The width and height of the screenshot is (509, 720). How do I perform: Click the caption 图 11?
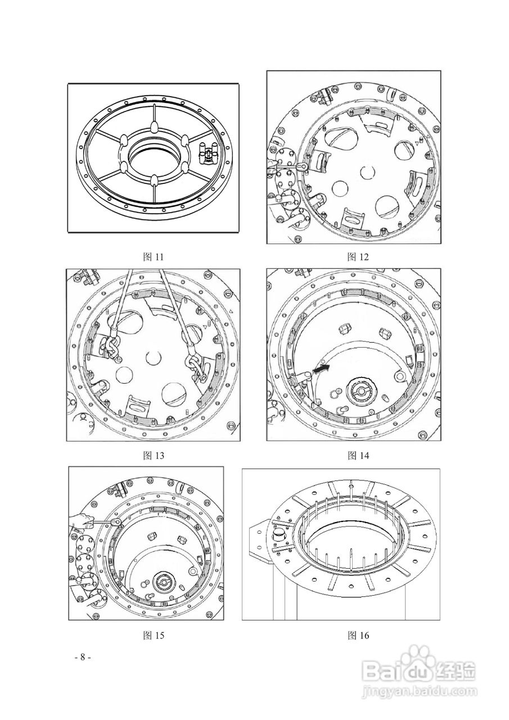(153, 257)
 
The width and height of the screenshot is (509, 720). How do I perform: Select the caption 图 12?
(358, 257)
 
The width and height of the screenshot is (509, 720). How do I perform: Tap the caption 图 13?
(153, 456)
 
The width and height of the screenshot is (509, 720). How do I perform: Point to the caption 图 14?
(358, 456)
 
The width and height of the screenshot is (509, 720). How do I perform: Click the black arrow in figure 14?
(322, 369)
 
